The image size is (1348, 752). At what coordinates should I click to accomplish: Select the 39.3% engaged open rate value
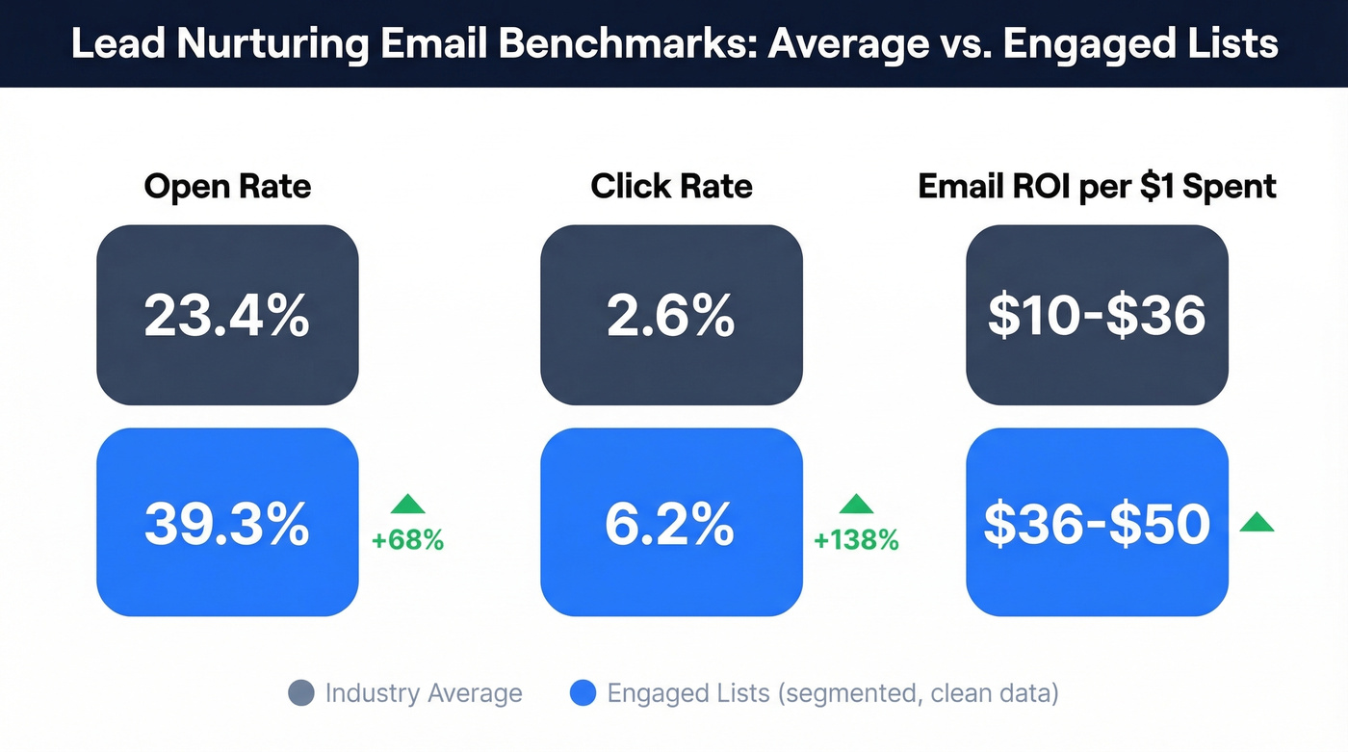point(227,523)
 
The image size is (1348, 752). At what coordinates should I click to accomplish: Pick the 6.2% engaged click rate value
point(671,523)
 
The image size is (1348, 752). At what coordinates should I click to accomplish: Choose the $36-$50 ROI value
point(1097,523)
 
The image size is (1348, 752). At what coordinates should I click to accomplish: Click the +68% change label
point(407,541)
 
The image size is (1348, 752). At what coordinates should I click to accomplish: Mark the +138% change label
point(856,541)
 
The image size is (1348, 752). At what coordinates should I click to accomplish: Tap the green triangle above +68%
point(407,504)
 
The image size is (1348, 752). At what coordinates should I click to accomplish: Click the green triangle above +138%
point(856,504)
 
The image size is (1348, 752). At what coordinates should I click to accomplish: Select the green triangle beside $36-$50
point(1257,523)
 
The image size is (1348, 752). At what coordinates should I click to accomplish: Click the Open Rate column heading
point(227,186)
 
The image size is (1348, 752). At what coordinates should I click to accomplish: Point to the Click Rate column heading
point(671,186)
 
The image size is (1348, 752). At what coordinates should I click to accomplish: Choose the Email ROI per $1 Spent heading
point(1097,186)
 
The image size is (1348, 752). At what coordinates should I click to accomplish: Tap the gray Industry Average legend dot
point(301,693)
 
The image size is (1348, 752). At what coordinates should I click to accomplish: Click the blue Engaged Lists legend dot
point(583,693)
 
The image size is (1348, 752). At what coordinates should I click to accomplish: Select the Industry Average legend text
point(424,693)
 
